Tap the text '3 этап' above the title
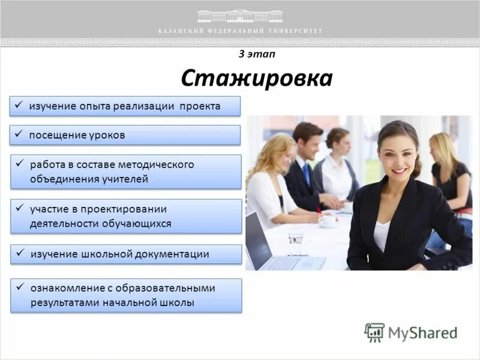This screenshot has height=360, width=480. click(256, 53)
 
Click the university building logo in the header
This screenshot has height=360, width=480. click(240, 16)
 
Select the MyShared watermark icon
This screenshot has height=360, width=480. click(374, 332)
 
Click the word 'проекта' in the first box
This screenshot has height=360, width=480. click(199, 106)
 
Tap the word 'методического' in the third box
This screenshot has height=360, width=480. click(160, 164)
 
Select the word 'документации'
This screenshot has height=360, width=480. click(173, 254)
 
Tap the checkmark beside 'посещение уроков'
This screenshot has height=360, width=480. click(19, 134)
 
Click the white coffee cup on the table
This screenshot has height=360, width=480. click(328, 220)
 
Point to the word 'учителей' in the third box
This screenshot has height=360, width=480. click(125, 179)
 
